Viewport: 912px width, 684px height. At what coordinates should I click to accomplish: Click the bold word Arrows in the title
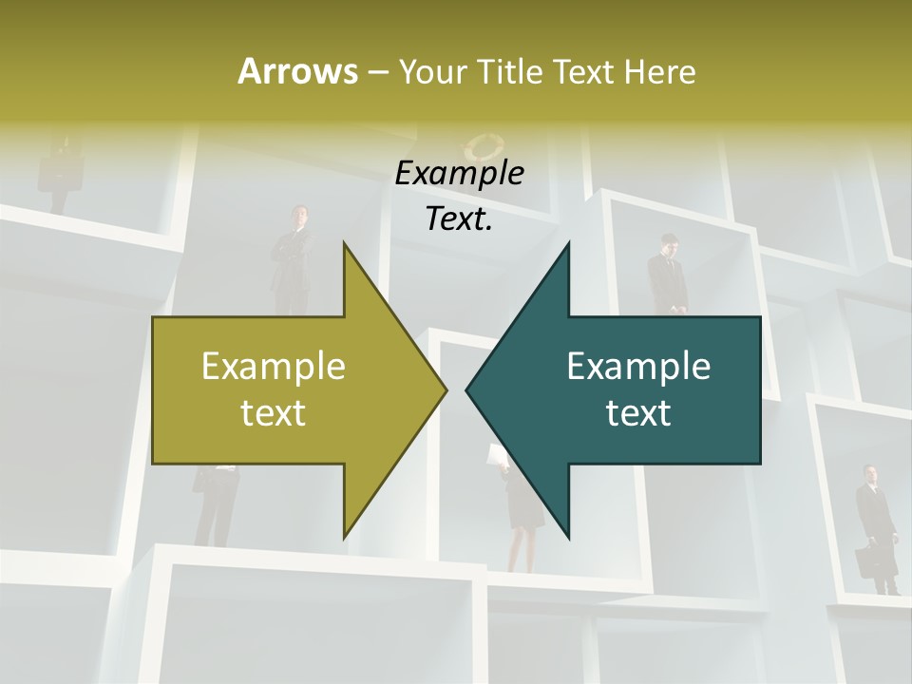(296, 71)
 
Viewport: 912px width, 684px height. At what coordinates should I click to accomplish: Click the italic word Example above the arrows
(459, 174)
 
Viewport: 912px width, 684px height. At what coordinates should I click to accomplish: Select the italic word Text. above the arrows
(459, 219)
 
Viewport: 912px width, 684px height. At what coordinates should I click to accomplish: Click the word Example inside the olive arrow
(274, 366)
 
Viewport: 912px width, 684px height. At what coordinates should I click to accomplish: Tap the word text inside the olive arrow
(274, 413)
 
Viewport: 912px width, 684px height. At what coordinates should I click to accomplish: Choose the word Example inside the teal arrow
(638, 366)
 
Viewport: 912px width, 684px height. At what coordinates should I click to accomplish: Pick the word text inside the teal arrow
(638, 413)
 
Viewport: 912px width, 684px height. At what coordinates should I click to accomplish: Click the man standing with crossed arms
(292, 252)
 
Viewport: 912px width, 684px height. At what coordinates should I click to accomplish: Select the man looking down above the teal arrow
(668, 271)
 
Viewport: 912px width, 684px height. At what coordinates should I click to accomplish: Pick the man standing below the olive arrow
(215, 503)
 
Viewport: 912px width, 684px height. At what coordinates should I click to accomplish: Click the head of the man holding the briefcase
(870, 473)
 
